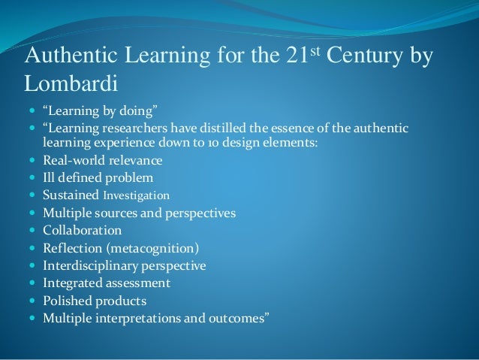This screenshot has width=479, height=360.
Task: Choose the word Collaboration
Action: click(83, 231)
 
